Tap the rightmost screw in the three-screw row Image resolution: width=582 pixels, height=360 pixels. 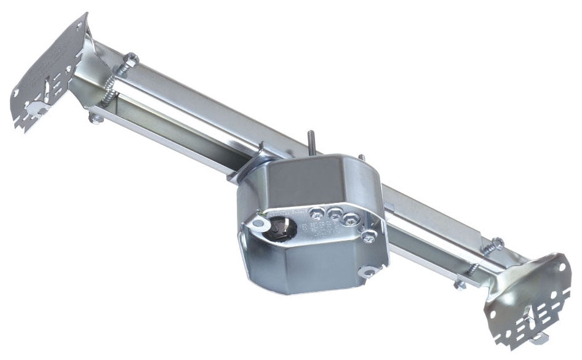[351, 218]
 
